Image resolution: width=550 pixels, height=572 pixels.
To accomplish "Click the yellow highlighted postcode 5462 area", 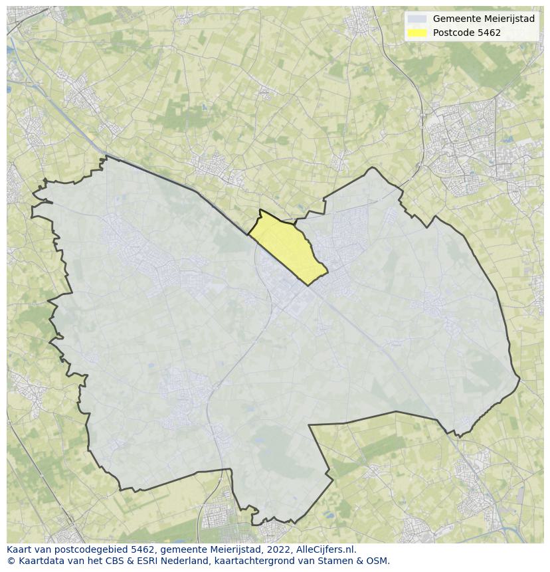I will tap(288, 247).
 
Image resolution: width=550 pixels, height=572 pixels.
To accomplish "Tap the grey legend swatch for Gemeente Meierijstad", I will tap(417, 19).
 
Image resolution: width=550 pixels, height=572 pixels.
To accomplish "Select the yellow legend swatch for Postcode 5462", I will tap(417, 33).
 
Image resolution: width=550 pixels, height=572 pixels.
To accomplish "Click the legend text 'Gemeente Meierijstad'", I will tap(484, 19).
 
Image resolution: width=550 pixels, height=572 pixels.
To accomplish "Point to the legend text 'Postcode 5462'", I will tap(467, 33).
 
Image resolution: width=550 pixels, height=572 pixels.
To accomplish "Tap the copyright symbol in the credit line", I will tap(11, 561).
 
